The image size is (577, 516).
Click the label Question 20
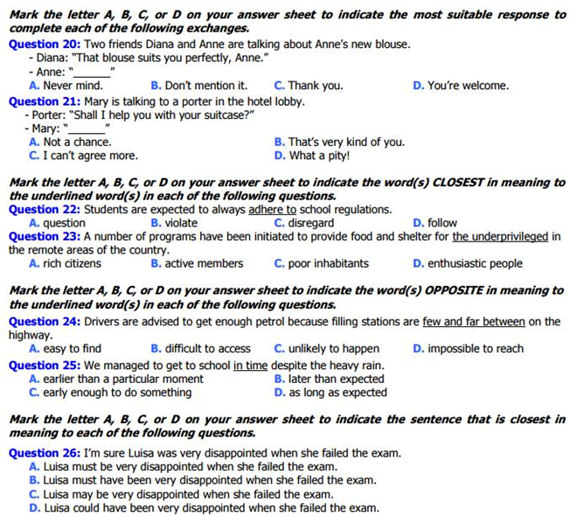(x=44, y=43)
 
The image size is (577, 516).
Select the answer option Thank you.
(x=315, y=86)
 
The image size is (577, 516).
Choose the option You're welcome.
(x=467, y=86)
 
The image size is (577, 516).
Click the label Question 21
(x=44, y=101)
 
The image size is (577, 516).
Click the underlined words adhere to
(x=272, y=210)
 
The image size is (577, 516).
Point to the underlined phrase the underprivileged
(x=500, y=236)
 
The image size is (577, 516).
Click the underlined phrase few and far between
(x=474, y=321)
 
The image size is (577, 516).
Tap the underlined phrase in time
(x=250, y=366)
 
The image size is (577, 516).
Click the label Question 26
(x=44, y=453)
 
